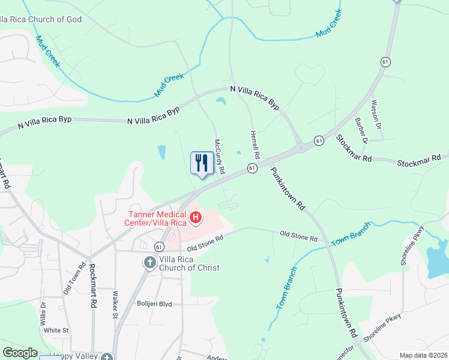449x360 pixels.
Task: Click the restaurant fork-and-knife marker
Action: pyautogui.click(x=202, y=162)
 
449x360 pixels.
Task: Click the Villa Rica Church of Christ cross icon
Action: pyautogui.click(x=149, y=263)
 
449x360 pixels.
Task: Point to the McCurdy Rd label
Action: pyautogui.click(x=220, y=157)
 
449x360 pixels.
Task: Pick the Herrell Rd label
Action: pyautogui.click(x=254, y=145)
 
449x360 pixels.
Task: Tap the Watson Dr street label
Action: pyautogui.click(x=376, y=115)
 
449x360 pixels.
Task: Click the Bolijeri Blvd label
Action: pyautogui.click(x=154, y=304)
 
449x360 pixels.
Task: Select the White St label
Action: pyautogui.click(x=56, y=330)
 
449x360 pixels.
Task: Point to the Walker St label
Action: pyautogui.click(x=116, y=305)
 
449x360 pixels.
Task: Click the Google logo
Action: pyautogui.click(x=20, y=353)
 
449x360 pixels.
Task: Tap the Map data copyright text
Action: pyautogui.click(x=424, y=355)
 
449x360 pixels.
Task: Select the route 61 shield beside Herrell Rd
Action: pyautogui.click(x=252, y=168)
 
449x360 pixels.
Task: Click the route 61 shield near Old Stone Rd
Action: pyautogui.click(x=158, y=247)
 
